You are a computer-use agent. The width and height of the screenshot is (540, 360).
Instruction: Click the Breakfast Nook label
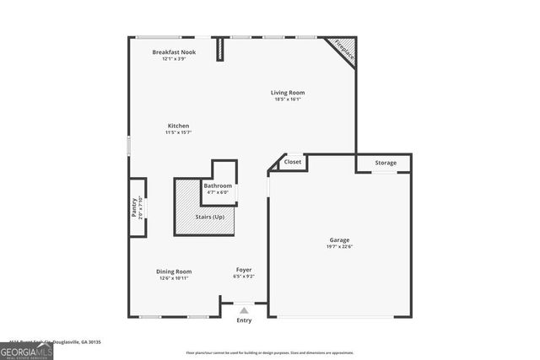[174, 52]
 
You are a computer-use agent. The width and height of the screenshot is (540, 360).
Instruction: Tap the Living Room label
[288, 93]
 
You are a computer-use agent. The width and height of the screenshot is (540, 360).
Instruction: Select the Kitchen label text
[177, 126]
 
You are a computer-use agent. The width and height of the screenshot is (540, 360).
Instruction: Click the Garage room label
[339, 240]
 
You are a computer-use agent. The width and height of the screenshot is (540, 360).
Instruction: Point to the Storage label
[386, 163]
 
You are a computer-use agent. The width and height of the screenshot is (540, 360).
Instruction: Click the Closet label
[293, 162]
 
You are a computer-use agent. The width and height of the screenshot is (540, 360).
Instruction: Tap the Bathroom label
[218, 185]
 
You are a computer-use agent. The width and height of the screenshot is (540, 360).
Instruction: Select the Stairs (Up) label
[210, 217]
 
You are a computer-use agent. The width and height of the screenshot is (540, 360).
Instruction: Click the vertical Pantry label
[134, 208]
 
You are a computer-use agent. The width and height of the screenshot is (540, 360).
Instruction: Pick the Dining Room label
[174, 271]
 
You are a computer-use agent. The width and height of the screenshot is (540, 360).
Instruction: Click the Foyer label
[244, 270]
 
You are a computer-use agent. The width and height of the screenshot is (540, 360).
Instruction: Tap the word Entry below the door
[244, 320]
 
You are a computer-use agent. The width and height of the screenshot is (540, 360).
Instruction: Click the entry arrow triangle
[244, 310]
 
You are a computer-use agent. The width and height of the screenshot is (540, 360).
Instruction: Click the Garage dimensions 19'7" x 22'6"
[339, 247]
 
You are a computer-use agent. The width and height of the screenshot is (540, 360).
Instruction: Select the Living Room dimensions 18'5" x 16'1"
[288, 99]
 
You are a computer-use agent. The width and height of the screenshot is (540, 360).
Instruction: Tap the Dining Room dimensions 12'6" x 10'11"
[174, 278]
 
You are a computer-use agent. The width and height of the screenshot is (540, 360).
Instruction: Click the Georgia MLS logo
[26, 351]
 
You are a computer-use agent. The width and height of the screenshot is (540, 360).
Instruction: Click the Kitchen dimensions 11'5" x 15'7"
[177, 132]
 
